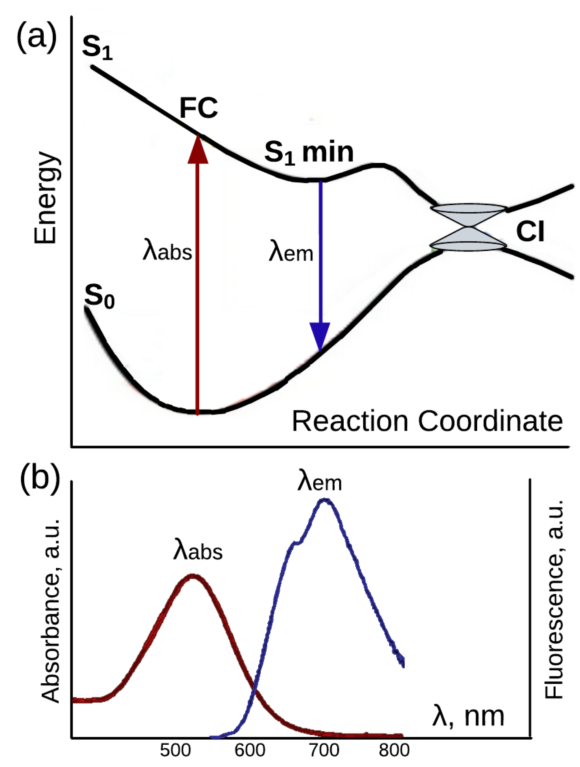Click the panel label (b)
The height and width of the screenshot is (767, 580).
coord(40,477)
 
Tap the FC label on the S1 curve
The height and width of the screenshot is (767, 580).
coord(198,108)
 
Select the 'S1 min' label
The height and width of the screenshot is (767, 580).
coord(309,153)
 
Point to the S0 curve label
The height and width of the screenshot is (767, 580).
coord(99,296)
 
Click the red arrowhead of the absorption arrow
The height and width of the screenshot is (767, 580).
coord(198,150)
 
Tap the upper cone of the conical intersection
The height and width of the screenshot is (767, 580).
coord(468,214)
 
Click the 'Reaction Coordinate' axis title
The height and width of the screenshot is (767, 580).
coord(427,421)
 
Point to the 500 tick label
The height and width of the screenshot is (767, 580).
coord(175,750)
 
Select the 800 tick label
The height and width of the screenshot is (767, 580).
coord(394,750)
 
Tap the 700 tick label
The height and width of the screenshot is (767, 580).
coord(324,750)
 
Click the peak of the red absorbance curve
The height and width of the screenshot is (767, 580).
coord(193,576)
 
